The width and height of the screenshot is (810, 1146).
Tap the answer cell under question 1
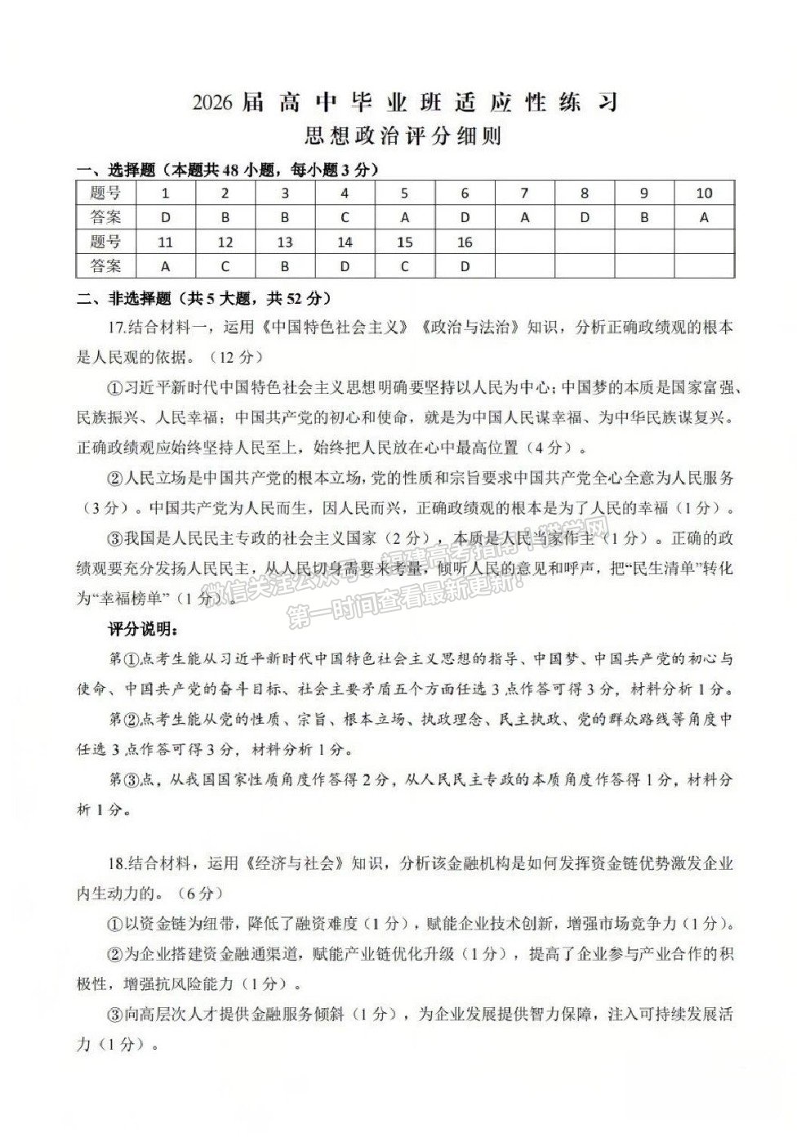click(166, 217)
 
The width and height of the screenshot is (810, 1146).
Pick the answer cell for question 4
click(345, 217)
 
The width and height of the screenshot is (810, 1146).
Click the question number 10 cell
click(704, 194)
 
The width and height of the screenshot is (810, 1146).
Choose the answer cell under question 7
click(524, 217)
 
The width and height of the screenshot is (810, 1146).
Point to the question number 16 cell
click(465, 243)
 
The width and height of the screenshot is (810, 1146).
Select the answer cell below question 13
click(285, 266)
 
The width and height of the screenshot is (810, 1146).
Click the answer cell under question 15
click(404, 266)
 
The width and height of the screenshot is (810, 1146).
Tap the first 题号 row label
click(106, 194)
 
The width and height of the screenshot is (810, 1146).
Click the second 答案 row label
click(106, 266)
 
